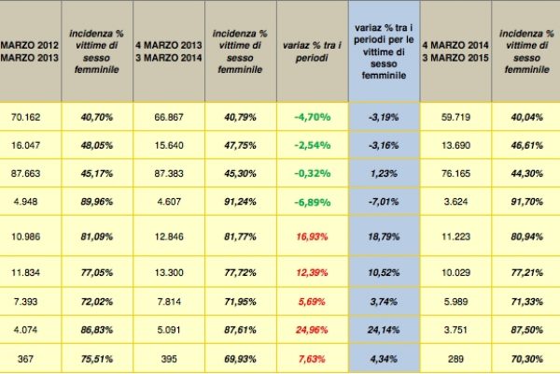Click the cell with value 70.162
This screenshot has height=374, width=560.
click(x=31, y=118)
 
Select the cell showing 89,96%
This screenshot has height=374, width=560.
click(x=96, y=198)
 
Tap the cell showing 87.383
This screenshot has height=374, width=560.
click(x=169, y=172)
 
